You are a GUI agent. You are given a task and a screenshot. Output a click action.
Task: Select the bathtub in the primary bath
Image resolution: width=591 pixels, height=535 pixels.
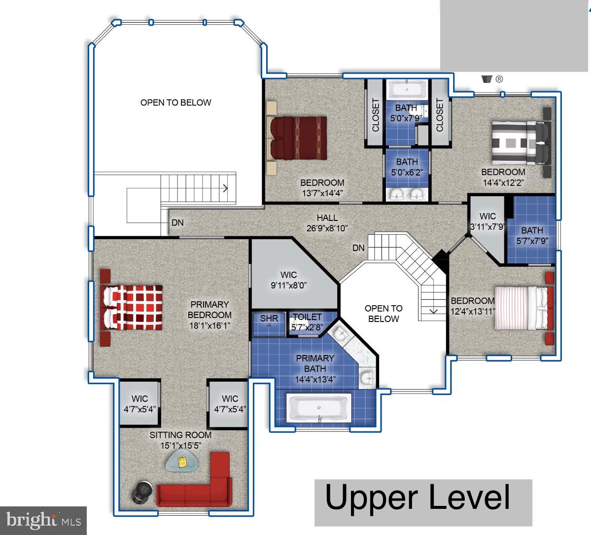pos(319,409)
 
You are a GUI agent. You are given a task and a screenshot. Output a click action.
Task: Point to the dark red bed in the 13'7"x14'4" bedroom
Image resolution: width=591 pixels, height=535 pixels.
pos(298,138)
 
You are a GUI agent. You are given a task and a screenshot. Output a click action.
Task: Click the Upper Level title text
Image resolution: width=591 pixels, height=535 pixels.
pos(417,497)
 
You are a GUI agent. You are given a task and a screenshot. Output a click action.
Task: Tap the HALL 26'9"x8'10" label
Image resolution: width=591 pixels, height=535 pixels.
pos(327,222)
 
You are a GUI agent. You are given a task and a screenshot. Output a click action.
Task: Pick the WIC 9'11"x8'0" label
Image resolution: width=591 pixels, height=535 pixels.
pos(289,280)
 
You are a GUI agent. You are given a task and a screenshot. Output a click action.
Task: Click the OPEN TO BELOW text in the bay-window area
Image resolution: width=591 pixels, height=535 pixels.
pos(175,103)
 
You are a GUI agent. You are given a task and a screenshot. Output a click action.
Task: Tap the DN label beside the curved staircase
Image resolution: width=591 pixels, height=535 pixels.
pos(358,248)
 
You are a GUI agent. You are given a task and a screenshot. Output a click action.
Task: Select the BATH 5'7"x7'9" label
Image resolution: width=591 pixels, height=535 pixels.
pos(532,235)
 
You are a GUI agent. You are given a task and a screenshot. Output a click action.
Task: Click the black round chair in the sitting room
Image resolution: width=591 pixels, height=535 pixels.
pos(142,492)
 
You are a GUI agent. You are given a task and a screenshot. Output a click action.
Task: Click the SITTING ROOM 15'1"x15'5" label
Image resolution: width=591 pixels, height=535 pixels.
pos(180,440)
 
